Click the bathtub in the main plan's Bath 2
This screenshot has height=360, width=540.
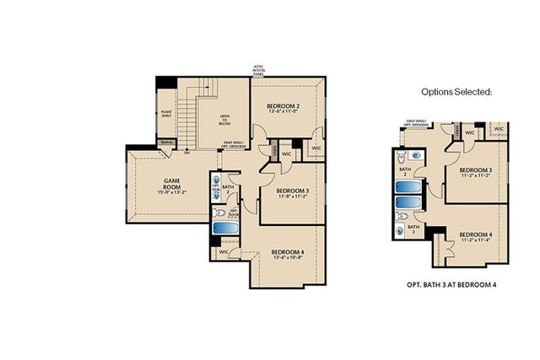(225, 228)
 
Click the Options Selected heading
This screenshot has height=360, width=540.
(456, 90)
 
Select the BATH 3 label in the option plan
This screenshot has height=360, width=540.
(413, 229)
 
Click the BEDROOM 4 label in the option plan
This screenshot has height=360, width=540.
(477, 237)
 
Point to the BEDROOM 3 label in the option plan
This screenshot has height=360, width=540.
(476, 173)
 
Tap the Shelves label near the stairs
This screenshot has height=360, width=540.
(167, 142)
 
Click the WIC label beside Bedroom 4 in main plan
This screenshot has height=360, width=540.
(224, 251)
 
